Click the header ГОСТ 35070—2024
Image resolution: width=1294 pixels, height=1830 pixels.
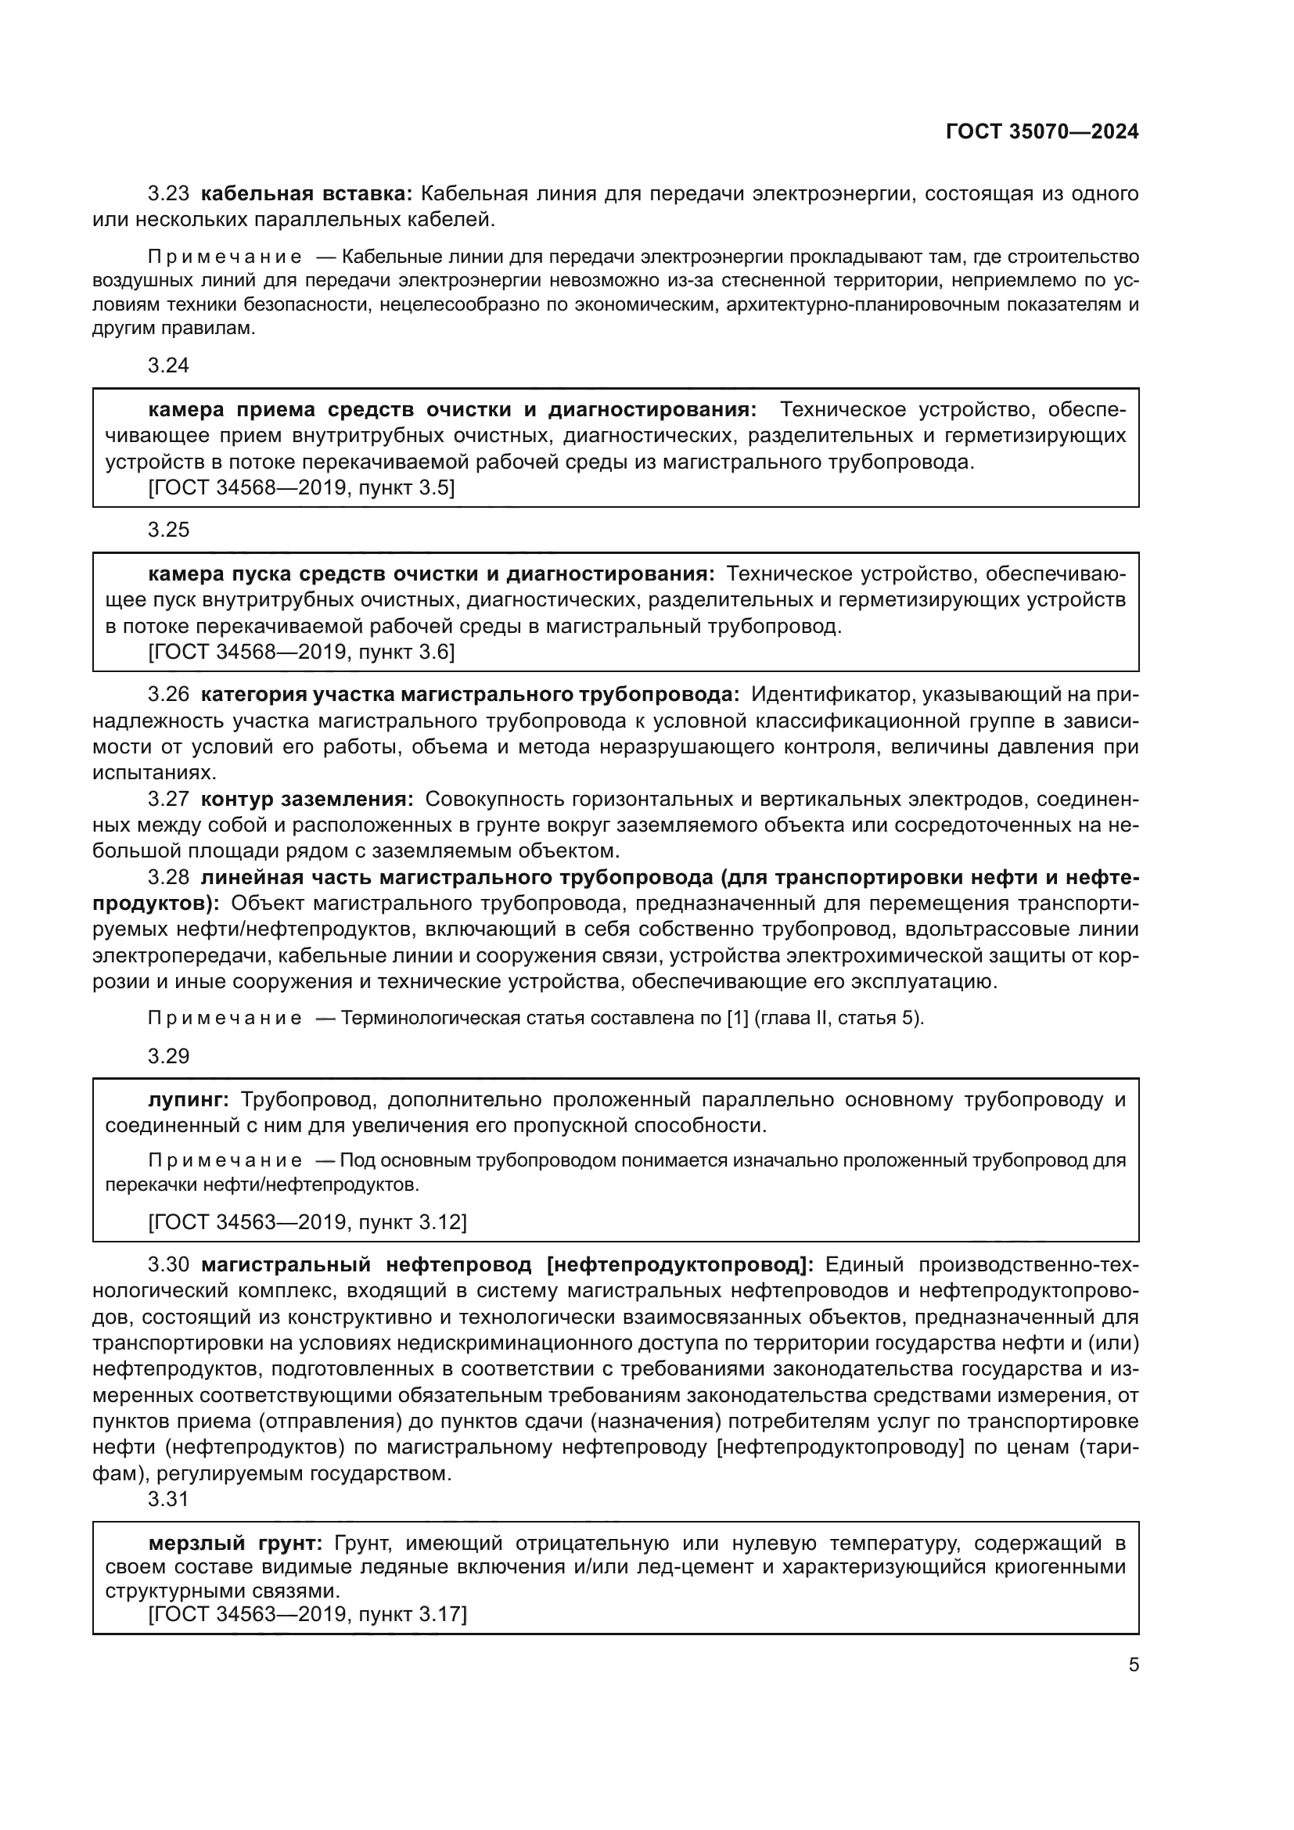(x=1041, y=132)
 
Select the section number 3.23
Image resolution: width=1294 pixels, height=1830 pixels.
(x=168, y=194)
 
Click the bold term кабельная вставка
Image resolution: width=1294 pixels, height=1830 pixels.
(x=307, y=194)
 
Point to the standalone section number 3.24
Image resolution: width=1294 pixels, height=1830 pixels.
(x=168, y=366)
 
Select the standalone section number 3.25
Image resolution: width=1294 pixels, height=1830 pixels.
(x=168, y=530)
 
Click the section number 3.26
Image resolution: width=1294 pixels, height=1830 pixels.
(x=168, y=695)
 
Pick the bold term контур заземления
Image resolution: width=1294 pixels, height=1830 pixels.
(x=307, y=800)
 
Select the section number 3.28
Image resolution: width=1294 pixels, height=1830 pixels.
(x=168, y=878)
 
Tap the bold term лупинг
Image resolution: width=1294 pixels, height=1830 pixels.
(x=189, y=1101)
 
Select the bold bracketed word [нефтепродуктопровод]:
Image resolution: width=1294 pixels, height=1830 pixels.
(x=681, y=1265)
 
